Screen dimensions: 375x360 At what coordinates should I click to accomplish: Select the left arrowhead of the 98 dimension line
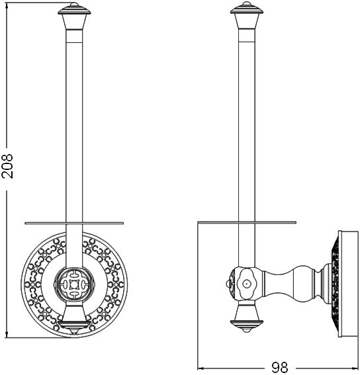pyautogui.click(x=202, y=368)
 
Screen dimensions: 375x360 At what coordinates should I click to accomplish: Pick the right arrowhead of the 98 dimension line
pyautogui.click(x=355, y=368)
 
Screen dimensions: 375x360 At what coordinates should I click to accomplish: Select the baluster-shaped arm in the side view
pyautogui.click(x=291, y=282)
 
